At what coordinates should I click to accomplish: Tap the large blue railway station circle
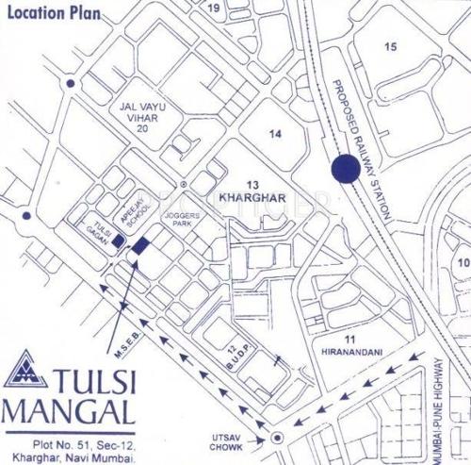pyautogui.click(x=346, y=170)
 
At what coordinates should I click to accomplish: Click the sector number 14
pyautogui.click(x=275, y=135)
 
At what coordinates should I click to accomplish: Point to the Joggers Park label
pyautogui.click(x=179, y=221)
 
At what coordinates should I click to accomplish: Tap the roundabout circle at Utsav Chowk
pyautogui.click(x=276, y=437)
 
